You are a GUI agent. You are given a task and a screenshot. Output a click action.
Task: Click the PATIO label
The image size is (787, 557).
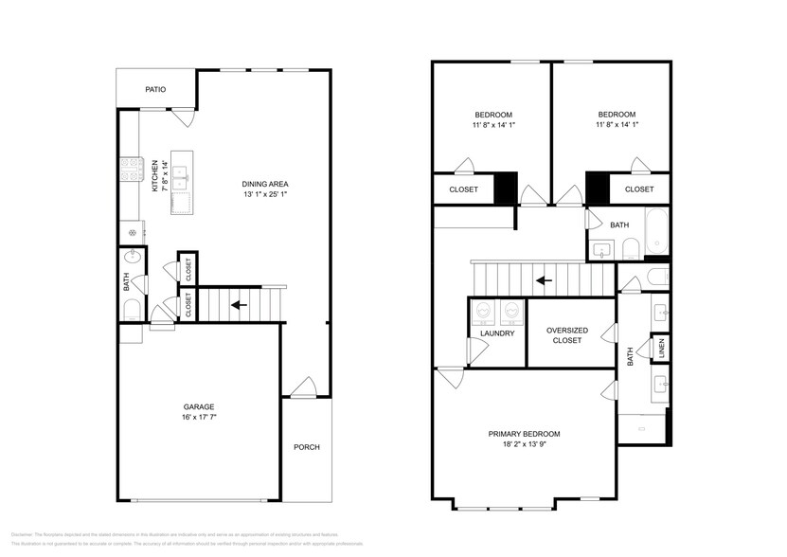[x=155, y=90]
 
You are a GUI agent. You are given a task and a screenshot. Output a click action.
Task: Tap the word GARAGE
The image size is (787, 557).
[x=198, y=407]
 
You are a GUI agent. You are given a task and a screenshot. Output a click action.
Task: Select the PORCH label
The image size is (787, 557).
[x=306, y=448]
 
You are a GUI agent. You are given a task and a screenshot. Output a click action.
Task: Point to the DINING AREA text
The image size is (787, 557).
[x=265, y=184]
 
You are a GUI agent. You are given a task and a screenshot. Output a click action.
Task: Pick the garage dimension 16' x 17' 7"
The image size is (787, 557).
[x=198, y=418]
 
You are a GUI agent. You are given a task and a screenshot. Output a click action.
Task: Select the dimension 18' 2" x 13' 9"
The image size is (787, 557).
[x=524, y=444]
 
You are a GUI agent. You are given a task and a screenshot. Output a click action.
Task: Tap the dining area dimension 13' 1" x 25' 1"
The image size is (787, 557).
[x=265, y=195]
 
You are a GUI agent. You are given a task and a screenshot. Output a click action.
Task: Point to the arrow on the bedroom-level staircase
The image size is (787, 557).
[x=543, y=280]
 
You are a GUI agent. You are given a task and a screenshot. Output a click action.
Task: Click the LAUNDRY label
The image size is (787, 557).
[x=497, y=333]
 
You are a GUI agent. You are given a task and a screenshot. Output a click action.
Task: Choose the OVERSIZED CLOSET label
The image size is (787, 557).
[x=566, y=334]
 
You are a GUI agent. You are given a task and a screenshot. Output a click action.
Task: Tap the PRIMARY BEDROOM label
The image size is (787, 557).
[x=524, y=434]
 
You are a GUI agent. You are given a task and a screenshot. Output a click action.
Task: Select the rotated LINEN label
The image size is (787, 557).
[x=661, y=349]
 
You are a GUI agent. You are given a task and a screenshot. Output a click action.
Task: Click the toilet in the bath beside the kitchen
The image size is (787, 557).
[x=131, y=310]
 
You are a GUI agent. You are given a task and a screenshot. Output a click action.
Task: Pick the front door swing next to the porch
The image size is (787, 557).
[x=303, y=386]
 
